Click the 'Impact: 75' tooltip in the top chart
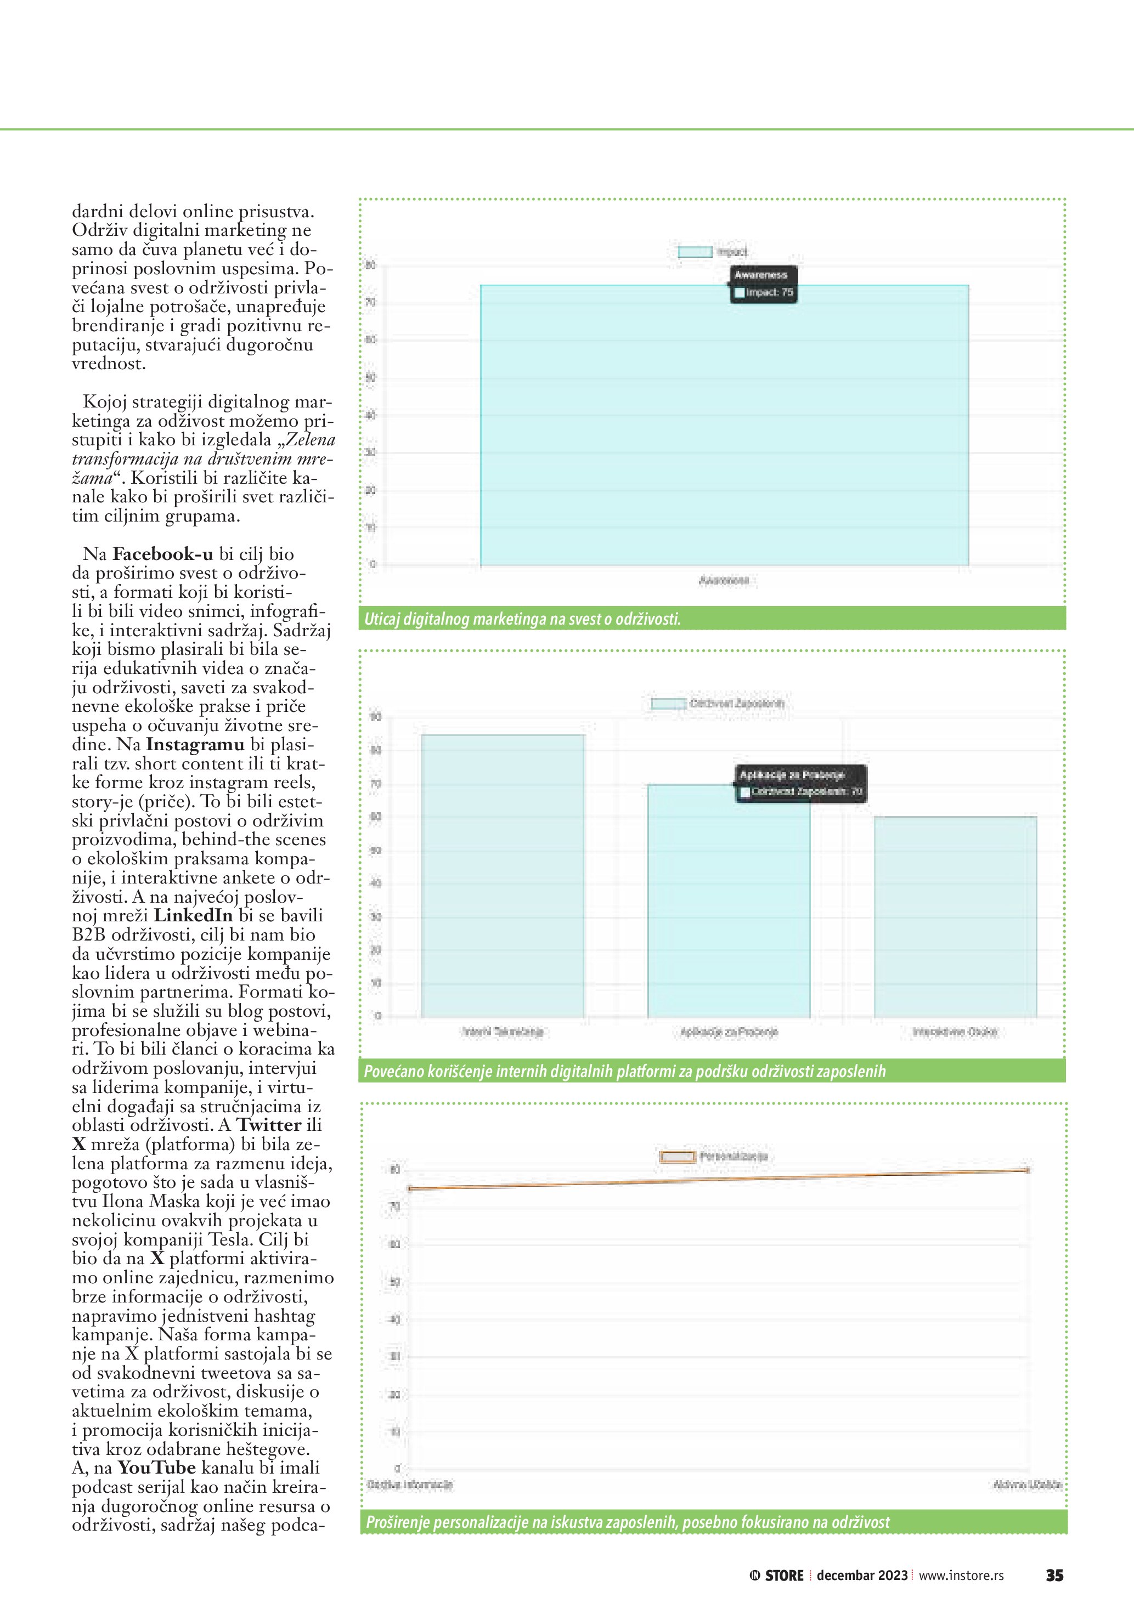click(x=763, y=284)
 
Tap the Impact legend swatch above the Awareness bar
click(x=695, y=252)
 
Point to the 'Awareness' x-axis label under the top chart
click(x=724, y=580)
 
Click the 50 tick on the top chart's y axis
click(x=371, y=378)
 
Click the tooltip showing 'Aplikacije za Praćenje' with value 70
click(x=800, y=783)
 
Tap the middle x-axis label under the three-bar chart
click(x=729, y=1032)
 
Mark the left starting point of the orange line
click(x=410, y=1188)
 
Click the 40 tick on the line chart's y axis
click(x=394, y=1320)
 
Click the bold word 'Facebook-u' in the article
click(x=163, y=554)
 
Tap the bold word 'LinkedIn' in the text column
click(x=193, y=915)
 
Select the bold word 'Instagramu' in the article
click(x=195, y=744)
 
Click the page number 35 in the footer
click(x=1054, y=1575)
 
